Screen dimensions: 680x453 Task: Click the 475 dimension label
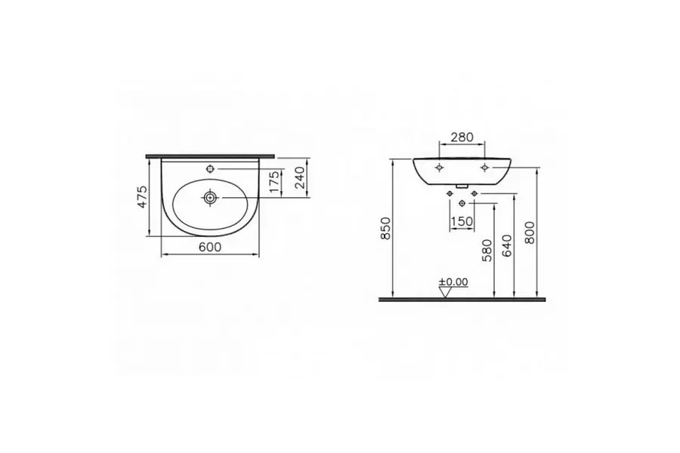143,197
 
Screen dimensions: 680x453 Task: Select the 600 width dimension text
210,247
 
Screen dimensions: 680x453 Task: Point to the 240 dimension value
300,177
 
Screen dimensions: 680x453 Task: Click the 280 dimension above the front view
462,137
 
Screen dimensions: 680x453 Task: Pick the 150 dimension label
462,221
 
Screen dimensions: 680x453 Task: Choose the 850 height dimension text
385,229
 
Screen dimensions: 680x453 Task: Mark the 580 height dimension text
487,250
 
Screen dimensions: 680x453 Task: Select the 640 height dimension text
507,245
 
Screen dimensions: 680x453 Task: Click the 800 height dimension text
530,233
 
